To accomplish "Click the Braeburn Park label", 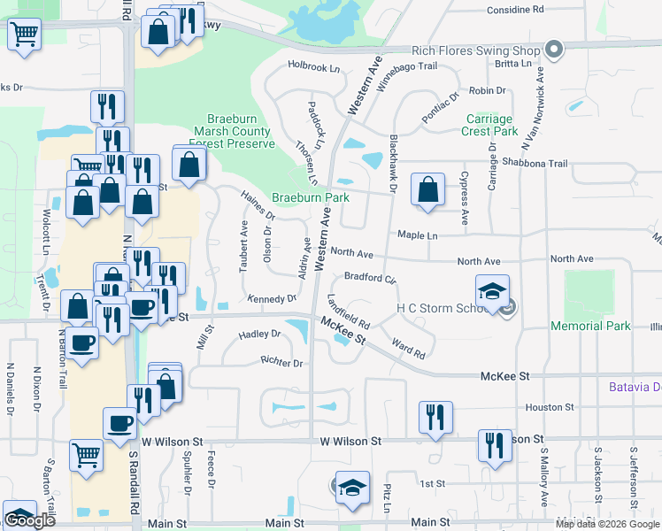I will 310,197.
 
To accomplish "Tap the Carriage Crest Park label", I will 489,125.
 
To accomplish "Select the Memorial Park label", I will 590,326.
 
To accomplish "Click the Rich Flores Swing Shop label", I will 476,50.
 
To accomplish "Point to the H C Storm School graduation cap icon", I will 493,290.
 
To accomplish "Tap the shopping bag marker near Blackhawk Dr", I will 428,189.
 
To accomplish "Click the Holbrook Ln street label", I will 313,67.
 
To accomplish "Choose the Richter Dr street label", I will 281,363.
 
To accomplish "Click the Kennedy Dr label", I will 272,299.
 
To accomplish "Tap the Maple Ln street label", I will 418,235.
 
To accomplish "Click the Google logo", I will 30,520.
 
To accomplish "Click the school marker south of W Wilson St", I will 351,488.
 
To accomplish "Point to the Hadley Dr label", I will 259,335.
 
